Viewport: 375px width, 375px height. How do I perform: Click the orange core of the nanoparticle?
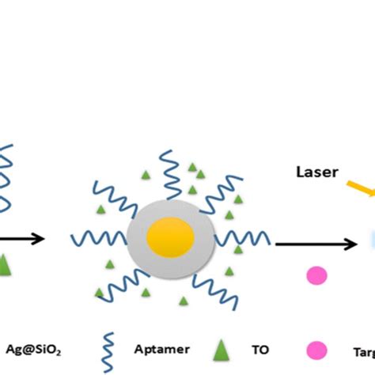coord(171,237)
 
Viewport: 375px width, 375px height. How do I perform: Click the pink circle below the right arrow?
coord(316,275)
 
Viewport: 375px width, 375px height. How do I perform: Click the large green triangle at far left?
coord(6,263)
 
